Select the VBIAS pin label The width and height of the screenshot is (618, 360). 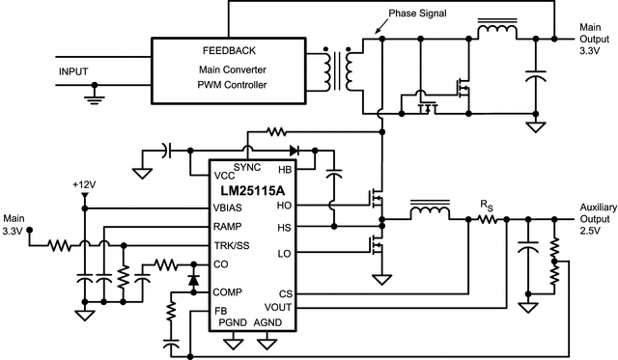231,207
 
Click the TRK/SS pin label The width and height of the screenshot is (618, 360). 233,246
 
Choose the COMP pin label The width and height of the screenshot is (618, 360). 229,291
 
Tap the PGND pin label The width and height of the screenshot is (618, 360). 234,322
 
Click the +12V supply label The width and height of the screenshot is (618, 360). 85,183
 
